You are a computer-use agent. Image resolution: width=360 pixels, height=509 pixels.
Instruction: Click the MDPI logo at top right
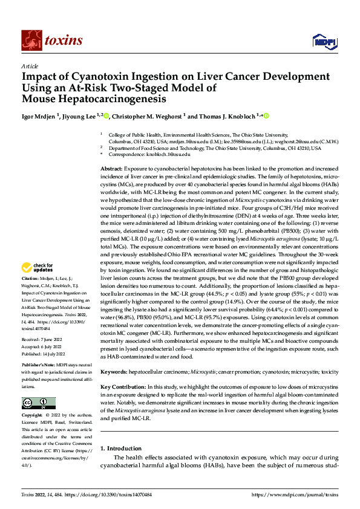324,41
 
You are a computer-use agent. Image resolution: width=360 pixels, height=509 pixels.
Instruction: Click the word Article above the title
30,66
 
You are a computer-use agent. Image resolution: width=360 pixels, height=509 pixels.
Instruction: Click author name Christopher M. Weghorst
147,115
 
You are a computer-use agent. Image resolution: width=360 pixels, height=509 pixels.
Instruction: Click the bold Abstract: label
112,166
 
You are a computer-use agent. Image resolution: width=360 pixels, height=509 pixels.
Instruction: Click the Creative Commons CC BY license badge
38,403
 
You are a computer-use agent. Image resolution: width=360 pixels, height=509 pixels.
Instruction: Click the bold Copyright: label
32,416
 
